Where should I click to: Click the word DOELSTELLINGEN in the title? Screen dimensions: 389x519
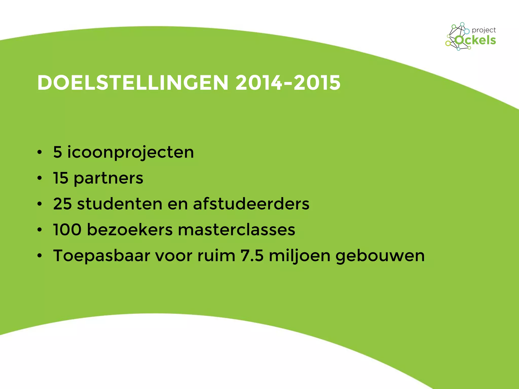pos(133,83)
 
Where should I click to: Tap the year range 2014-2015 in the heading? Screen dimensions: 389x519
pos(288,83)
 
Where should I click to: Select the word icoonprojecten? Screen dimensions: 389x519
pos(131,153)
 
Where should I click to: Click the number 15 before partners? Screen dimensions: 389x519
pos(61,178)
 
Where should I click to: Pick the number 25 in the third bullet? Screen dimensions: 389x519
pos(62,204)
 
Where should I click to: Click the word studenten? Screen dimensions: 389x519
pos(120,204)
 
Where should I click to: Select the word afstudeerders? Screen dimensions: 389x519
pos(251,204)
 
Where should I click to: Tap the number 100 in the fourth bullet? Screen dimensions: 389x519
pos(67,229)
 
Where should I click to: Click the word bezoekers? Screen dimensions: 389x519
pos(129,229)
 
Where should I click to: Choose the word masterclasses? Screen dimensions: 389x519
pos(236,229)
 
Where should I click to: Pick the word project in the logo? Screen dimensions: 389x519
pos(484,30)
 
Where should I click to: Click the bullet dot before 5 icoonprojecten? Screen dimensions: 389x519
pos(39,152)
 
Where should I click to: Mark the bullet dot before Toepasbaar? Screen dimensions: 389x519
pos(39,256)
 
